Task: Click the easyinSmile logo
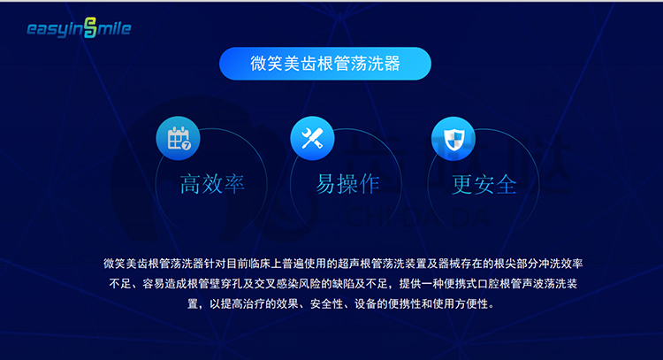pyautogui.click(x=79, y=28)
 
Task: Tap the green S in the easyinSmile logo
pyautogui.click(x=90, y=28)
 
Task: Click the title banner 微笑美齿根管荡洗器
pyautogui.click(x=325, y=64)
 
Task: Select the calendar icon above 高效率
pyautogui.click(x=178, y=138)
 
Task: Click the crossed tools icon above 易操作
pyautogui.click(x=312, y=138)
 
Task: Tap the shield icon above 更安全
pyautogui.click(x=453, y=139)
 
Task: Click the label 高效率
pyautogui.click(x=212, y=184)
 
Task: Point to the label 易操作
pyautogui.click(x=347, y=184)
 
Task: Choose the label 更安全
pyautogui.click(x=484, y=185)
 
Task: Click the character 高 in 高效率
pyautogui.click(x=191, y=184)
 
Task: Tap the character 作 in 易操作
pyautogui.click(x=370, y=184)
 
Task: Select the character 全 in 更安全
pyautogui.click(x=507, y=185)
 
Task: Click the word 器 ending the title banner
pyautogui.click(x=392, y=64)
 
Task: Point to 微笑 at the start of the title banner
pyautogui.click(x=266, y=64)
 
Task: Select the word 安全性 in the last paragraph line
pyautogui.click(x=326, y=303)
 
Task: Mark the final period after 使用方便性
pyautogui.click(x=492, y=307)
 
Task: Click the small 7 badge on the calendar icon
pyautogui.click(x=187, y=145)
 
